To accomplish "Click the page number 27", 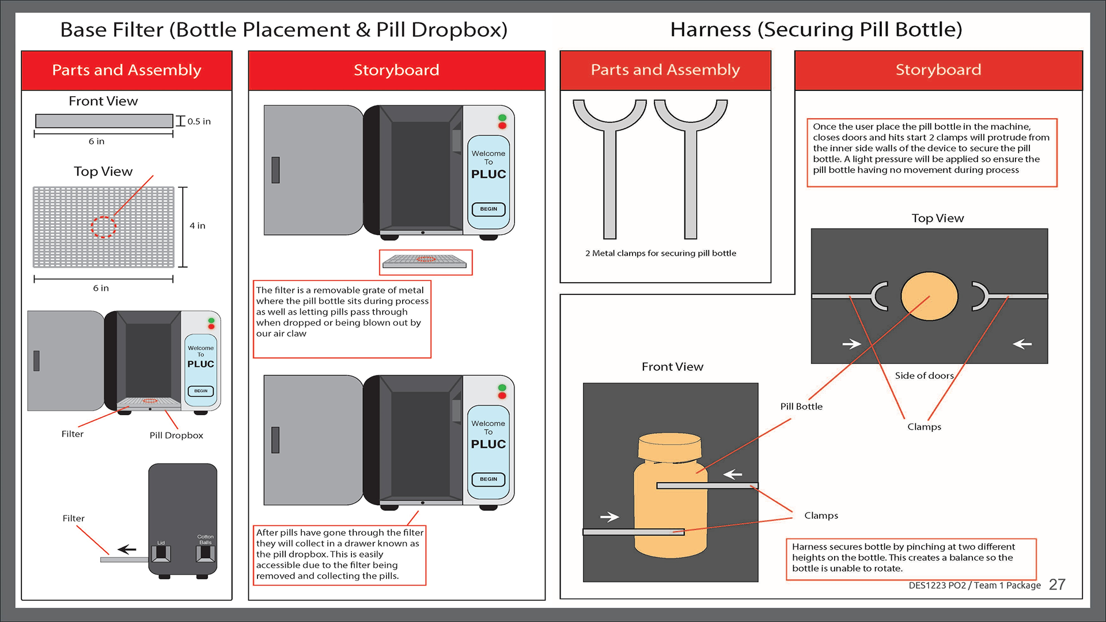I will coord(1057,585).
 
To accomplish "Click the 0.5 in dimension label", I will coord(199,122).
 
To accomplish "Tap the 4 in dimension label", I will coord(197,226).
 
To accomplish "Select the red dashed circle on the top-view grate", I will coord(104,227).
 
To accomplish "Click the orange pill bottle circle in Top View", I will coord(929,296).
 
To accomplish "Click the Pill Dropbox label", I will coord(176,435).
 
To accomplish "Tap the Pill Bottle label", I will coord(801,407).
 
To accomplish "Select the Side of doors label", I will coord(924,376).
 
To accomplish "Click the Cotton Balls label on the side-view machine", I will coord(206,539).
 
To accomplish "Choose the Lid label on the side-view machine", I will coord(161,543).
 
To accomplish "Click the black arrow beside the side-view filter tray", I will coord(127,549).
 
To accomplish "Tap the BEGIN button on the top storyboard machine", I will coord(488,209).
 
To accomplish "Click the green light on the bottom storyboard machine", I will coord(502,388).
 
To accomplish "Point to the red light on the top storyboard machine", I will coord(502,126).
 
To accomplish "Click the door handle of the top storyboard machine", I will coord(275,170).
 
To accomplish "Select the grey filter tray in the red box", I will coord(425,261).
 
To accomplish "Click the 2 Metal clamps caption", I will coord(661,253).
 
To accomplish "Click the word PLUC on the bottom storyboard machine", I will coord(488,444).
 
